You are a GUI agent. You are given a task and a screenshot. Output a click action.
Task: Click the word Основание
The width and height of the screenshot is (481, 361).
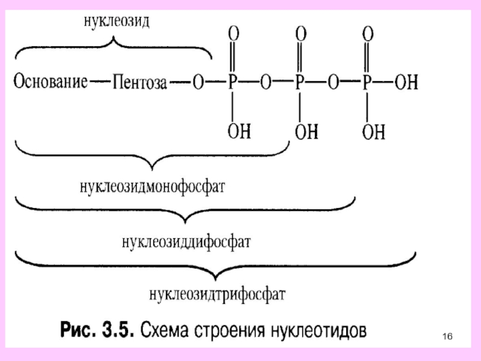(51, 81)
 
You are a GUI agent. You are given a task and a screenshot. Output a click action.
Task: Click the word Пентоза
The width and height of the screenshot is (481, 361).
(139, 82)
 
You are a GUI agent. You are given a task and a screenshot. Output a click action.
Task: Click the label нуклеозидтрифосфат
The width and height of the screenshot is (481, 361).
(218, 295)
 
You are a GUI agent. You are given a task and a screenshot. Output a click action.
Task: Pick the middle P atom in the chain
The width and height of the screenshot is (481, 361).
(299, 82)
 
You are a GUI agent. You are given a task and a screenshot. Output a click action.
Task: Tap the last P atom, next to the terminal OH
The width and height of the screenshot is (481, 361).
(367, 82)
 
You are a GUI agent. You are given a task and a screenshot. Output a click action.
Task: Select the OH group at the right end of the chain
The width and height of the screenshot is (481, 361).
(406, 82)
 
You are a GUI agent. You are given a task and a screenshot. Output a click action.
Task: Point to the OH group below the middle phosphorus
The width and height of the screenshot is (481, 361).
(306, 131)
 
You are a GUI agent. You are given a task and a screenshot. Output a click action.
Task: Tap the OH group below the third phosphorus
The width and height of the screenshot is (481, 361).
(373, 131)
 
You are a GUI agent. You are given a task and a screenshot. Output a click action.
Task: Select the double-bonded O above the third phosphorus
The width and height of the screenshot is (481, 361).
(368, 33)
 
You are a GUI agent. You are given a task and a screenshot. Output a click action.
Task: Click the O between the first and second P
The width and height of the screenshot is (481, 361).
(265, 82)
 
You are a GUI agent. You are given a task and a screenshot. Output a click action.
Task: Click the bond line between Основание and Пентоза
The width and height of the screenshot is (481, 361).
(100, 82)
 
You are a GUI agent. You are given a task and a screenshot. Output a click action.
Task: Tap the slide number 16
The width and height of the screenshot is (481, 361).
(447, 335)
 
